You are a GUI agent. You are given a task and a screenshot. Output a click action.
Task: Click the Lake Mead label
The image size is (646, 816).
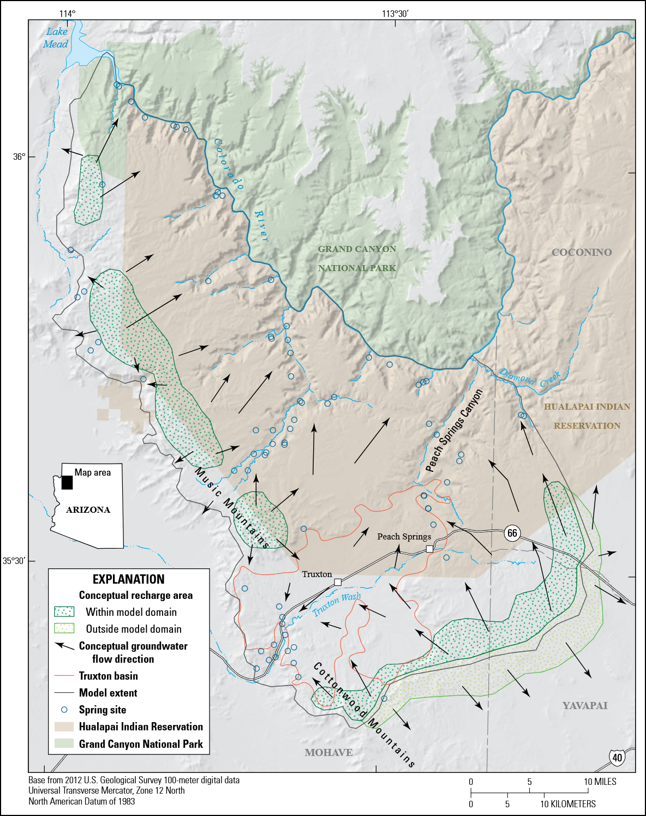(56, 38)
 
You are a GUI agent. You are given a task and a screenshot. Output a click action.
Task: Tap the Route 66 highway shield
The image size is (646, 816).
(512, 533)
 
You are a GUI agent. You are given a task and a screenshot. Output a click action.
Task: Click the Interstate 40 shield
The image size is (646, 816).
(617, 757)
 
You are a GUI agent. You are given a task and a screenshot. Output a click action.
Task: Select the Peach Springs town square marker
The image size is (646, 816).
(429, 549)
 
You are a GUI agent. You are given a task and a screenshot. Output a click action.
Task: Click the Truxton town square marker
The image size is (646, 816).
(338, 583)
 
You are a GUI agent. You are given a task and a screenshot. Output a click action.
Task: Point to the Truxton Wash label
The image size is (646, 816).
(336, 604)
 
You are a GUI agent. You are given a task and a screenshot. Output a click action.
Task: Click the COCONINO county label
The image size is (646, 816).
(582, 253)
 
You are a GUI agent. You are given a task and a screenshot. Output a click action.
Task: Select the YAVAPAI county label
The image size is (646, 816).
(584, 706)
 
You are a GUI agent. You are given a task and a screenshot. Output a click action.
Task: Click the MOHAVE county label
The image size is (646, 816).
(328, 753)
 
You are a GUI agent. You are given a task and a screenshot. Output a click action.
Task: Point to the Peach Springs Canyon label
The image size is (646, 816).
(454, 431)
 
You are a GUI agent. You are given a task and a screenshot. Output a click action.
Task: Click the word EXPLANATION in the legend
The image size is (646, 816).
(128, 579)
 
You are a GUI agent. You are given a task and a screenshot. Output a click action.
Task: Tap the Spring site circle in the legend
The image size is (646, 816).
(64, 710)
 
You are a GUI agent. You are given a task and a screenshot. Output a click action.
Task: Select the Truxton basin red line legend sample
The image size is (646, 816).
(64, 676)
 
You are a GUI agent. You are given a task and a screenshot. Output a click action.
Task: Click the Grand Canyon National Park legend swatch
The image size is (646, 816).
(64, 743)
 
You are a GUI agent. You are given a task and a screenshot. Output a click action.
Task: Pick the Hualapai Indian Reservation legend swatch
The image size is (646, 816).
(64, 727)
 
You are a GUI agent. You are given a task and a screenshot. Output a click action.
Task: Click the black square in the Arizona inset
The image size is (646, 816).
(67, 482)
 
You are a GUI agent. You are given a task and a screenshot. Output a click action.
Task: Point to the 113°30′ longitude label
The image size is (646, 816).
(394, 14)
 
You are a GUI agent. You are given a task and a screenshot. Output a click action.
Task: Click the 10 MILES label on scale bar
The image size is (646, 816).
(600, 782)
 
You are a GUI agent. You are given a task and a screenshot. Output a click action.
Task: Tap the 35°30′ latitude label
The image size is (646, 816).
(14, 561)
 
